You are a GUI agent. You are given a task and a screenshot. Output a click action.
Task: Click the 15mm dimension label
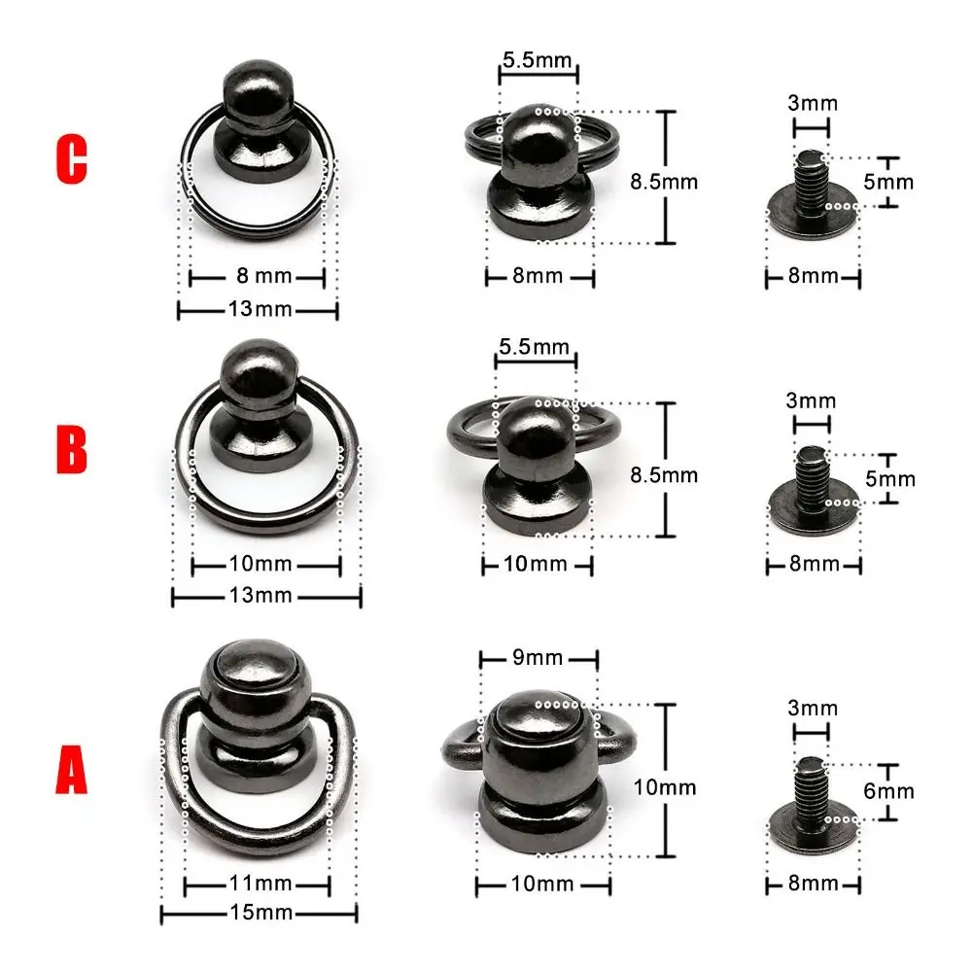click(x=258, y=913)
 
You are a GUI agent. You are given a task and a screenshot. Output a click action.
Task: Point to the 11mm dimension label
click(x=257, y=885)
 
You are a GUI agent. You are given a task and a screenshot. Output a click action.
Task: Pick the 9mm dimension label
click(x=537, y=658)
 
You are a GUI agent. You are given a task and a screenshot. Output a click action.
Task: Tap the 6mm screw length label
click(x=888, y=791)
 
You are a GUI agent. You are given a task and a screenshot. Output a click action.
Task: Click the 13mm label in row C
click(x=257, y=309)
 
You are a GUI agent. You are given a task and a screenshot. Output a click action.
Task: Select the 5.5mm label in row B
click(x=535, y=347)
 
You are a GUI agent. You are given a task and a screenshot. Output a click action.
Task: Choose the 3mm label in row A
click(x=813, y=708)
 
